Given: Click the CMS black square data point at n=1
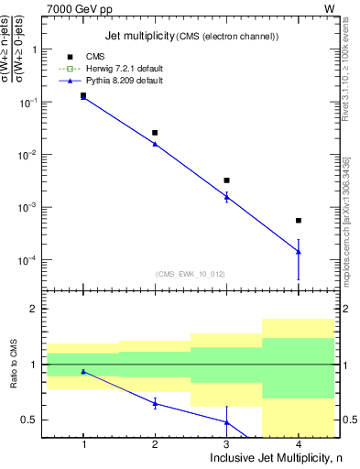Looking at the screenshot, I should point(83,95).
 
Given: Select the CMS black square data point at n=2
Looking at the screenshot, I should point(155,133).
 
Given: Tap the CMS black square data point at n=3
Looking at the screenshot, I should point(226,180).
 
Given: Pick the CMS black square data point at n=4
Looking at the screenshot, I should point(299,221).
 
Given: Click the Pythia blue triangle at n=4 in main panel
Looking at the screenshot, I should point(299,251).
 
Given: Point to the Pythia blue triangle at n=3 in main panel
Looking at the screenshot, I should point(226,197).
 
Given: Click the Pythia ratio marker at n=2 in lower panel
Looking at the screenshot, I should point(155,403).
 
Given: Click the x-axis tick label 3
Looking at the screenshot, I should point(226,443).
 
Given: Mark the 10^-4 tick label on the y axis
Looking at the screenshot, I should point(29,260).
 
